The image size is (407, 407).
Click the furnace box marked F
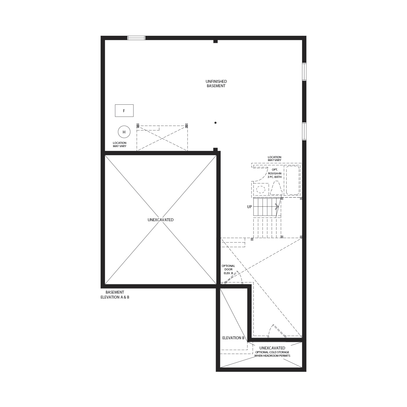(124, 110)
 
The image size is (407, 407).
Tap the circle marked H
(124, 132)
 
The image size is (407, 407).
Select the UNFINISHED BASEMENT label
(216, 84)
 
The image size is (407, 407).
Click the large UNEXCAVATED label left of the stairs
(160, 220)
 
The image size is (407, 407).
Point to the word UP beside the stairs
(249, 207)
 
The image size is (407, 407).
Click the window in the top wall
(136, 38)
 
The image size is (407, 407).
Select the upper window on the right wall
(304, 72)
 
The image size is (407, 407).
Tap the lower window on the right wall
(304, 131)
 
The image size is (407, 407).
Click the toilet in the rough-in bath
(276, 188)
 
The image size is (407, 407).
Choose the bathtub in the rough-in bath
(292, 180)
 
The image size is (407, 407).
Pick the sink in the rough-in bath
(261, 189)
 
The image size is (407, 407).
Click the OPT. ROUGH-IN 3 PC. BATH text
(274, 173)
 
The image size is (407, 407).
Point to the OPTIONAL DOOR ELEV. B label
(228, 269)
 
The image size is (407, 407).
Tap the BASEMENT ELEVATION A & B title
(115, 294)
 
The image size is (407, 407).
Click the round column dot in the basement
(215, 123)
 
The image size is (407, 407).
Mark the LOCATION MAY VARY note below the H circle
(119, 144)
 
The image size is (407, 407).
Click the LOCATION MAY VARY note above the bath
(274, 159)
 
